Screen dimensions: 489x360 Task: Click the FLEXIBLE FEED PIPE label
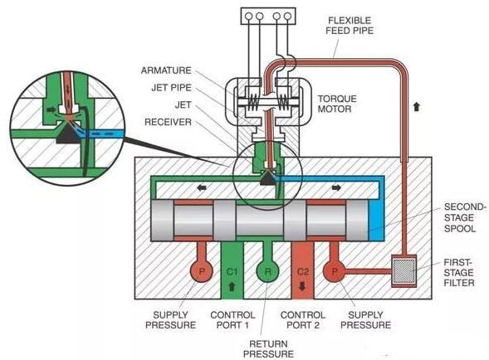(x=350, y=25)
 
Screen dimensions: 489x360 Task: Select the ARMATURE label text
(x=166, y=71)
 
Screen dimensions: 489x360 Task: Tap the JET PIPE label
(x=171, y=88)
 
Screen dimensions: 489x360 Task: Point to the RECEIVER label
(x=168, y=122)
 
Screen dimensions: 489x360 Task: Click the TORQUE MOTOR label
(x=337, y=104)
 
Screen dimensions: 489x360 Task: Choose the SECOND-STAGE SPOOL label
(x=465, y=217)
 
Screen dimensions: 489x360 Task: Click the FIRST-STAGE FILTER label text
(x=459, y=273)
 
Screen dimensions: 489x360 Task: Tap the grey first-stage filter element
(x=403, y=271)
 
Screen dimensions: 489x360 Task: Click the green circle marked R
(x=268, y=271)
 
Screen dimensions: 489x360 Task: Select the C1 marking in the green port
(x=232, y=272)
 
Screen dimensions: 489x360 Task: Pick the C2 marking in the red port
(x=302, y=272)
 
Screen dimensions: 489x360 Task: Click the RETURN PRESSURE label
(x=268, y=349)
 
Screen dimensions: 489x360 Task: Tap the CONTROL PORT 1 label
(x=232, y=320)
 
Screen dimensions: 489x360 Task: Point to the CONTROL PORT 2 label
(x=303, y=320)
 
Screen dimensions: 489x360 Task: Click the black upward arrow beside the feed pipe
(x=416, y=107)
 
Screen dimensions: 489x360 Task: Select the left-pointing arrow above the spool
(x=202, y=188)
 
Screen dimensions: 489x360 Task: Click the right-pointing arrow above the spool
(x=336, y=187)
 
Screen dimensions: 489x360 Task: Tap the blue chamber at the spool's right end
(x=376, y=221)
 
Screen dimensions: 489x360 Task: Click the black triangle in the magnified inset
(x=68, y=135)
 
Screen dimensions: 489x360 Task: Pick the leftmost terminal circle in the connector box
(x=248, y=16)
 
